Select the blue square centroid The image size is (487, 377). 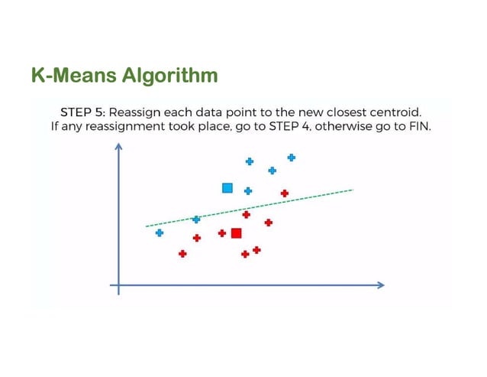coord(227,188)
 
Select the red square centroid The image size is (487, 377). coord(236,233)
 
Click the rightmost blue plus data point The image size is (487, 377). coord(291,158)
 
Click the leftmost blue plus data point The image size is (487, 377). coord(159,232)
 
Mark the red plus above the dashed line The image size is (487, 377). coord(284,193)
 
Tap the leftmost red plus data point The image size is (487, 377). coord(182,253)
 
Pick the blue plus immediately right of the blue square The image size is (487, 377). coord(248,191)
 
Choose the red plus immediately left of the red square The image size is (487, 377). coord(221,233)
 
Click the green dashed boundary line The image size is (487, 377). coord(305,198)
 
